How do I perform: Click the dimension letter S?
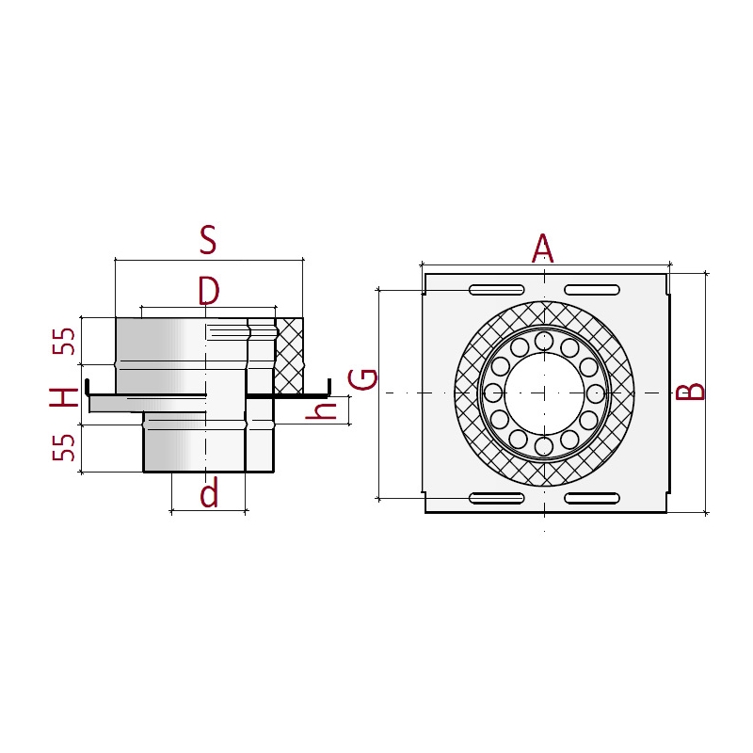tap(208, 240)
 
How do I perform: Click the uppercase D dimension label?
tap(209, 291)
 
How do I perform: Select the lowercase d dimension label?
tap(209, 492)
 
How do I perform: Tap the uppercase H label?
tap(64, 397)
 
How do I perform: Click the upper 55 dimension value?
tap(64, 342)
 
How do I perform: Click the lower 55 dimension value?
tap(64, 448)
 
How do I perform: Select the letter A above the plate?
tap(543, 248)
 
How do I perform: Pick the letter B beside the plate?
tap(690, 392)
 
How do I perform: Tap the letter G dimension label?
tap(362, 379)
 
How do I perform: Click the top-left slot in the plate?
tap(497, 290)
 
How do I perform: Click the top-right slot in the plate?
tap(592, 290)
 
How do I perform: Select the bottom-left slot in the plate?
tap(497, 498)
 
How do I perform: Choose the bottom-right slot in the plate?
tap(592, 498)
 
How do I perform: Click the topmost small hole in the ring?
tap(544, 341)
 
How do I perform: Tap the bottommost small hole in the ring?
tap(544, 446)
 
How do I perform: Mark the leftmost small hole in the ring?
tap(492, 393)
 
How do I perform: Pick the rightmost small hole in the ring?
tap(596, 393)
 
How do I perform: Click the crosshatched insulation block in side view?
tap(289, 356)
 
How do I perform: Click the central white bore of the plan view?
tap(545, 393)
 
